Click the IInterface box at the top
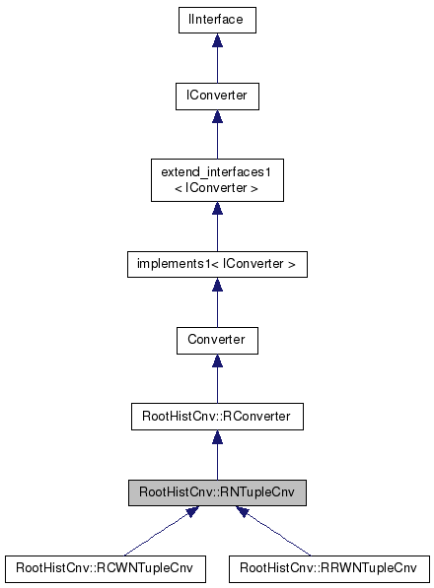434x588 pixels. tap(217, 21)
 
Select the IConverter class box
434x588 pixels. tap(217, 97)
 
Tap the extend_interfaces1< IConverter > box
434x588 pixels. tap(217, 179)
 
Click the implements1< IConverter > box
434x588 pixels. tap(217, 264)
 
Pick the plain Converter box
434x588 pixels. tap(217, 340)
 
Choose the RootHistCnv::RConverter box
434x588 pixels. tap(217, 416)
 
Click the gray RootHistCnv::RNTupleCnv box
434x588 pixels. tap(217, 491)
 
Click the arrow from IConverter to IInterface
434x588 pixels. tap(217, 61)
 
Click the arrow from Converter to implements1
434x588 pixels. tap(217, 303)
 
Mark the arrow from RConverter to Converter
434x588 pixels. tap(217, 379)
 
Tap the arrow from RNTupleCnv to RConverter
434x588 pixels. tap(217, 455)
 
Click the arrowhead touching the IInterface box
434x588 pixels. tap(217, 41)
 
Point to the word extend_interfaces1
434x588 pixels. tap(217, 172)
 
